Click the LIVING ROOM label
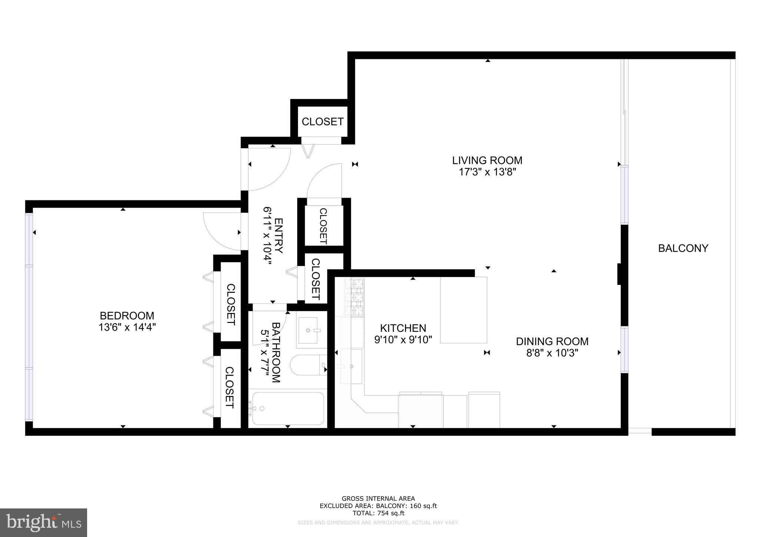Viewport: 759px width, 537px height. (487, 161)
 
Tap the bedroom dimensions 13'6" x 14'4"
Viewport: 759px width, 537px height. (127, 327)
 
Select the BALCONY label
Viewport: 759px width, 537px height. (683, 248)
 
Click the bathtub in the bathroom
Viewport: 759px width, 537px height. (288, 408)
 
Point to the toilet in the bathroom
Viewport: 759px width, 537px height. (307, 365)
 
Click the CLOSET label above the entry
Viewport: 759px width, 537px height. (322, 122)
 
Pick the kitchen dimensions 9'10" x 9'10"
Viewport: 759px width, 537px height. (403, 340)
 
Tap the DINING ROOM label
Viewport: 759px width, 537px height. (552, 341)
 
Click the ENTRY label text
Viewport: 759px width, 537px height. (279, 235)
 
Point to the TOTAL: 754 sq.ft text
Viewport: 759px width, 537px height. (378, 513)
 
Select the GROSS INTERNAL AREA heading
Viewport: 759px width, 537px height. (378, 499)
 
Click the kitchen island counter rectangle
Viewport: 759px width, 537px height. (463, 310)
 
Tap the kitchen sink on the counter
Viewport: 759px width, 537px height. (351, 366)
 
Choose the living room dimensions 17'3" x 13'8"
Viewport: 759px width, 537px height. (487, 172)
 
